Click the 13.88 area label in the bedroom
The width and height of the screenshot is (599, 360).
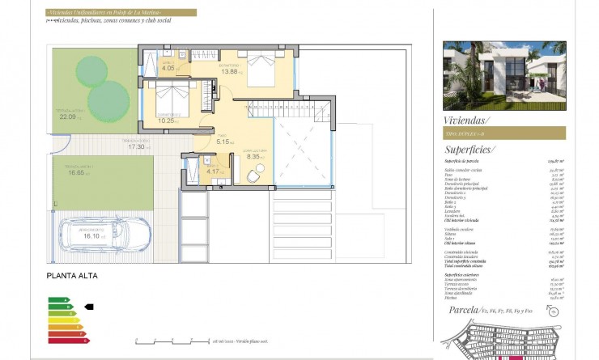pyautogui.click(x=230, y=72)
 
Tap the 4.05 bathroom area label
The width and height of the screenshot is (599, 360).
pyautogui.click(x=168, y=70)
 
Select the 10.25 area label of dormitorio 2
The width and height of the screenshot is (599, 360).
pyautogui.click(x=167, y=121)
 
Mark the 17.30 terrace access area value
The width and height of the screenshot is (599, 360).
pyautogui.click(x=135, y=147)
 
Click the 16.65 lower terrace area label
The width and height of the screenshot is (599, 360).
pyautogui.click(x=77, y=172)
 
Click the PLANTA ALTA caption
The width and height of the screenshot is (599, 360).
pyautogui.click(x=72, y=276)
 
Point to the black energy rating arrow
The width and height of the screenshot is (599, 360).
pyautogui.click(x=89, y=307)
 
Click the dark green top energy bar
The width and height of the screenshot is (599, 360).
pyautogui.click(x=57, y=300)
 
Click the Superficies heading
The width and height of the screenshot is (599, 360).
pyautogui.click(x=470, y=150)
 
